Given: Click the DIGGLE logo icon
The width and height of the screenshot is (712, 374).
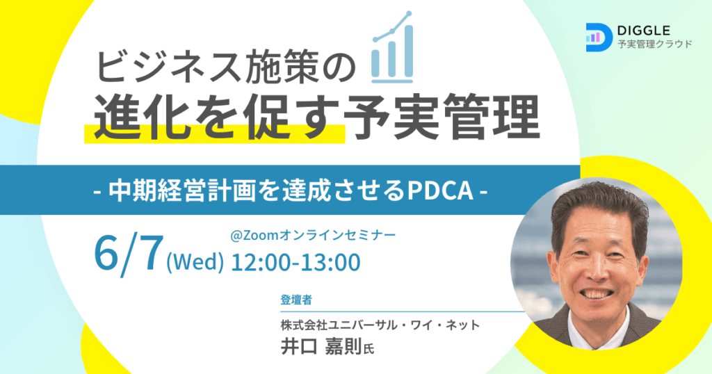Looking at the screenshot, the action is click(x=599, y=38).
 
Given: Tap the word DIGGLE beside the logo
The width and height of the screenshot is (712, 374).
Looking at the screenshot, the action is click(x=644, y=31).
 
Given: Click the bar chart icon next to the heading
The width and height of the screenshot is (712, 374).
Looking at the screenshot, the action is click(x=392, y=47).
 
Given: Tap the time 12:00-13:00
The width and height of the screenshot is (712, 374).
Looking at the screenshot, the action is click(x=296, y=262).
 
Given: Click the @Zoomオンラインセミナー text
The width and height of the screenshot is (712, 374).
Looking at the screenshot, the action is click(x=313, y=235).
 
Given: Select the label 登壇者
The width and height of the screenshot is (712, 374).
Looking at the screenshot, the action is click(x=296, y=300).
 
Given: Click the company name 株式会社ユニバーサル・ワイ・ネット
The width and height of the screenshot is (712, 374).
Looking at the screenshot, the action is click(x=380, y=325).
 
